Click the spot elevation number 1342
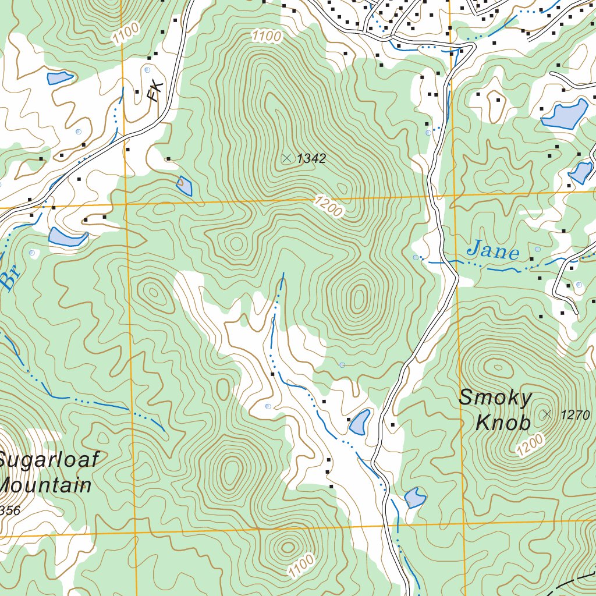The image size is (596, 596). pyautogui.click(x=311, y=158)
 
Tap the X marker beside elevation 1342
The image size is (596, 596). pyautogui.click(x=286, y=158)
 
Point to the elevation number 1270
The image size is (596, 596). pyautogui.click(x=576, y=415)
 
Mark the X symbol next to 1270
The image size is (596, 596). pyautogui.click(x=546, y=414)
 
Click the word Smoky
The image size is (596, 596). pyautogui.click(x=495, y=398)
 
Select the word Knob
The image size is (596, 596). pyautogui.click(x=503, y=423)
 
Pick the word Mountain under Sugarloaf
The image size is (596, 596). pyautogui.click(x=45, y=485)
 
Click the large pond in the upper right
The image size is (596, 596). pyautogui.click(x=565, y=115)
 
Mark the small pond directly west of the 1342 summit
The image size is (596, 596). pyautogui.click(x=185, y=186)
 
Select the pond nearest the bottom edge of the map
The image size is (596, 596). pyautogui.click(x=415, y=497)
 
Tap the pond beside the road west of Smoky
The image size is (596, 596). pyautogui.click(x=359, y=422)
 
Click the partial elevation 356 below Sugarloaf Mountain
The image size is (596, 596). pyautogui.click(x=9, y=511)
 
